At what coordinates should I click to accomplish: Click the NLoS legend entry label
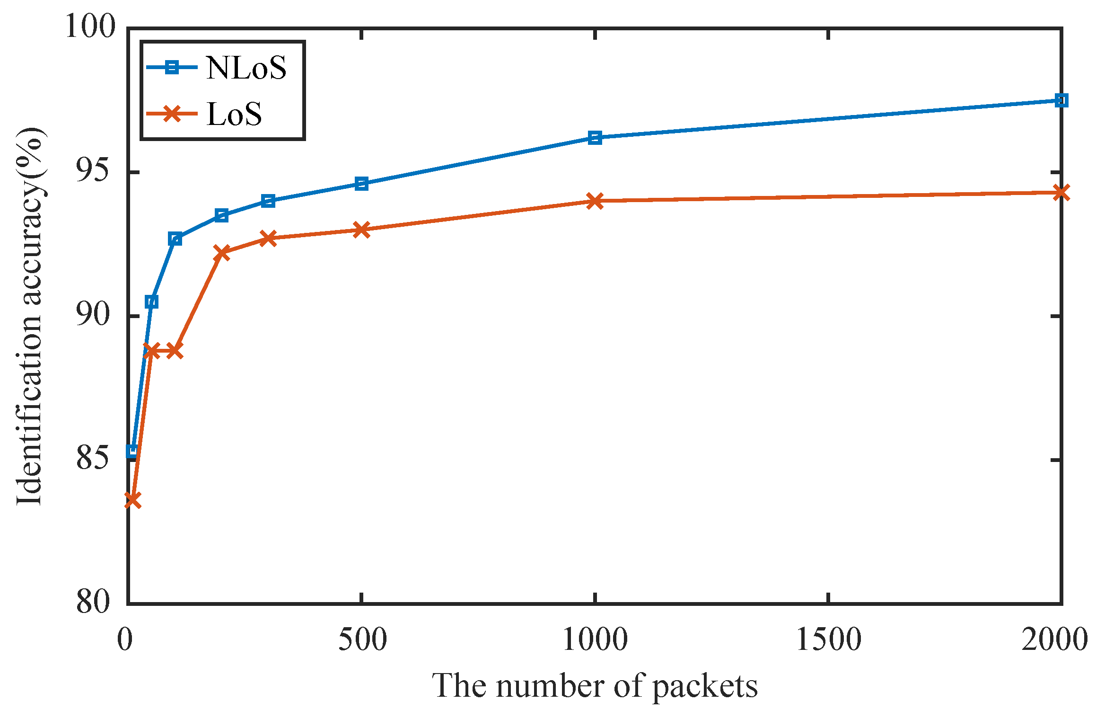(x=246, y=68)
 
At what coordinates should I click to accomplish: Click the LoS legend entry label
(x=234, y=114)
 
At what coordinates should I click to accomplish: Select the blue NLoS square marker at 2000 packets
(x=1061, y=100)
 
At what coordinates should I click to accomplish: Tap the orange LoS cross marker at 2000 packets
(x=1061, y=193)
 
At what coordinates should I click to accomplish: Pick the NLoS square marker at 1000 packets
(x=595, y=138)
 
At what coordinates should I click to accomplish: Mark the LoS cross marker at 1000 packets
(x=595, y=201)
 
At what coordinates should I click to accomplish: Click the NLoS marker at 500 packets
(x=361, y=184)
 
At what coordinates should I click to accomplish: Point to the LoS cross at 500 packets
(x=361, y=230)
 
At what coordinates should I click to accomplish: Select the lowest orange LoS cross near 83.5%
(x=132, y=500)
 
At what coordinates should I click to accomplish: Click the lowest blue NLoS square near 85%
(x=132, y=451)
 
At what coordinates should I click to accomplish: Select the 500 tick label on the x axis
(x=362, y=640)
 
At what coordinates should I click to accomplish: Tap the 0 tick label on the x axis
(x=125, y=640)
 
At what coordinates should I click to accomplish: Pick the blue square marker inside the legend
(x=172, y=68)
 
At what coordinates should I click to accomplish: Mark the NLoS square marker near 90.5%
(x=151, y=302)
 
